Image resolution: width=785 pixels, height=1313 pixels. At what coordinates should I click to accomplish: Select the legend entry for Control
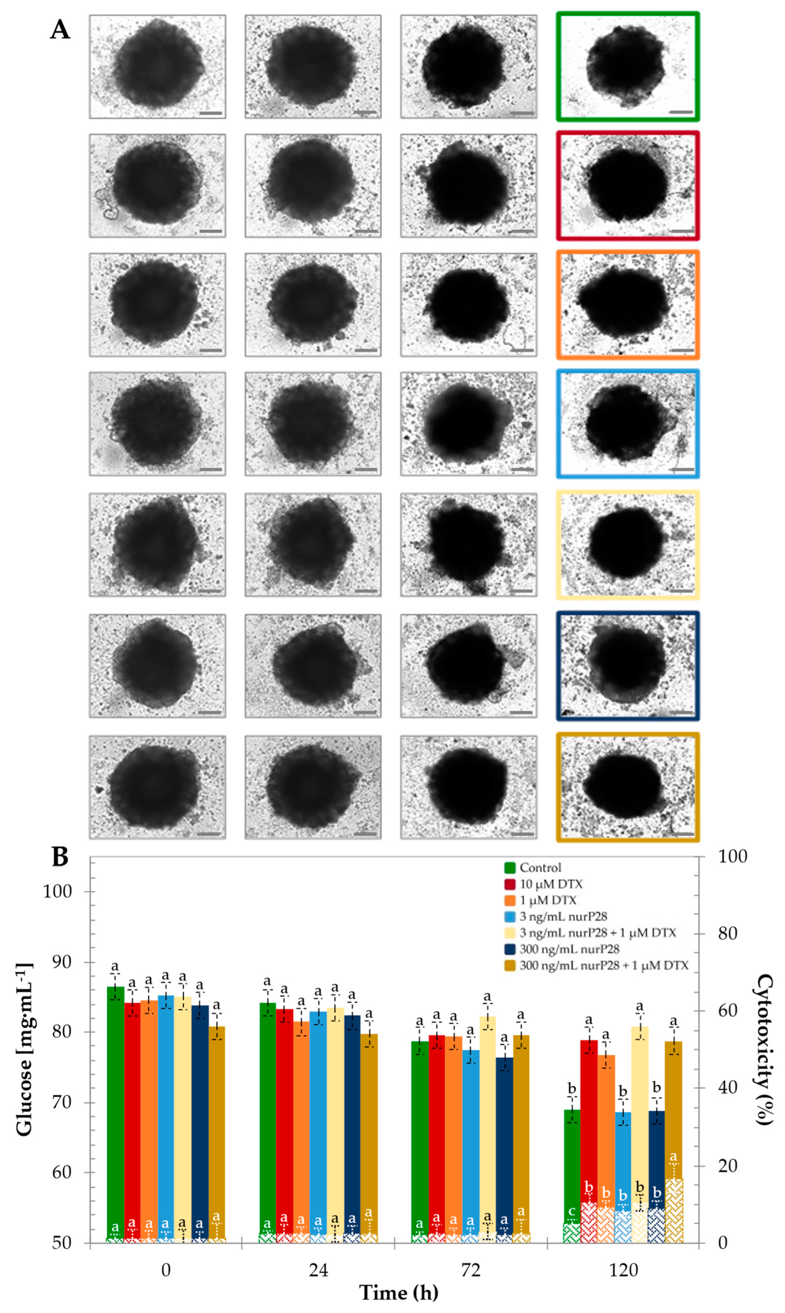point(540,868)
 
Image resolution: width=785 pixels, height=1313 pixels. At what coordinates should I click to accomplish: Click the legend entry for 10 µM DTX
point(550,884)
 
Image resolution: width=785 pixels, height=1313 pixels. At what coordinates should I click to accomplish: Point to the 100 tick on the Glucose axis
point(57,891)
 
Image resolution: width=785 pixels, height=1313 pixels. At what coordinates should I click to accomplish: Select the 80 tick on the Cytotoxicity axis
point(727,933)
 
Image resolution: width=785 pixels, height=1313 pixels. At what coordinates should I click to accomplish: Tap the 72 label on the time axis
point(471,1270)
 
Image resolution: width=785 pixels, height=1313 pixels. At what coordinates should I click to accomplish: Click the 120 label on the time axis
point(623,1270)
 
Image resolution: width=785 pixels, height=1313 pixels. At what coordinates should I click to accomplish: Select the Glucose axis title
point(24,1049)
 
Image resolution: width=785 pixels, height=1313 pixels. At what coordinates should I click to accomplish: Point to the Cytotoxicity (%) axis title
point(764,1049)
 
